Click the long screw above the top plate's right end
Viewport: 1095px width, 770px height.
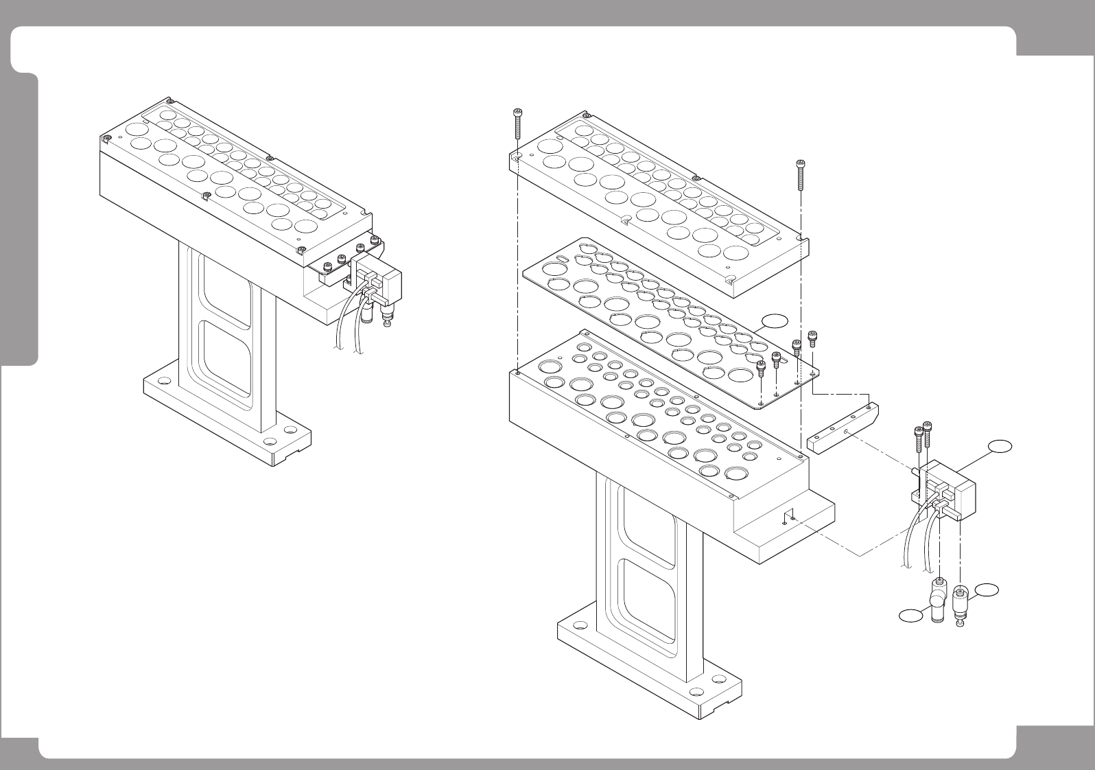pyautogui.click(x=801, y=176)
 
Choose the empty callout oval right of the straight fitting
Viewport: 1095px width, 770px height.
pyautogui.click(x=987, y=589)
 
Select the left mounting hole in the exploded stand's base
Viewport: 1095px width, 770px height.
pyautogui.click(x=580, y=626)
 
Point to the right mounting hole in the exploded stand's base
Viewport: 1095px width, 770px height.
pyautogui.click(x=718, y=678)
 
